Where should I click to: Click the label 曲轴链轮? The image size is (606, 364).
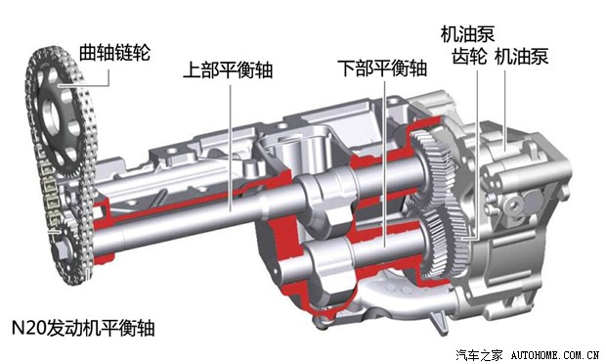114,53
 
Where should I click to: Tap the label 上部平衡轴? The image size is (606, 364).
228,70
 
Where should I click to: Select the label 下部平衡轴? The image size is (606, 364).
382,68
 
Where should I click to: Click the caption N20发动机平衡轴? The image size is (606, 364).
83,328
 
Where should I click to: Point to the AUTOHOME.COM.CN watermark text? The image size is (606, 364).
555,355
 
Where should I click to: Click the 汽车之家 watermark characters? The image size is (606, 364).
479,355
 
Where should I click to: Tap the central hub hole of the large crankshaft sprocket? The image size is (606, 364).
52,114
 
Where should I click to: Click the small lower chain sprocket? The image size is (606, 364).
66,250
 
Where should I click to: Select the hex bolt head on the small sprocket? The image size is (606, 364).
60,250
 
